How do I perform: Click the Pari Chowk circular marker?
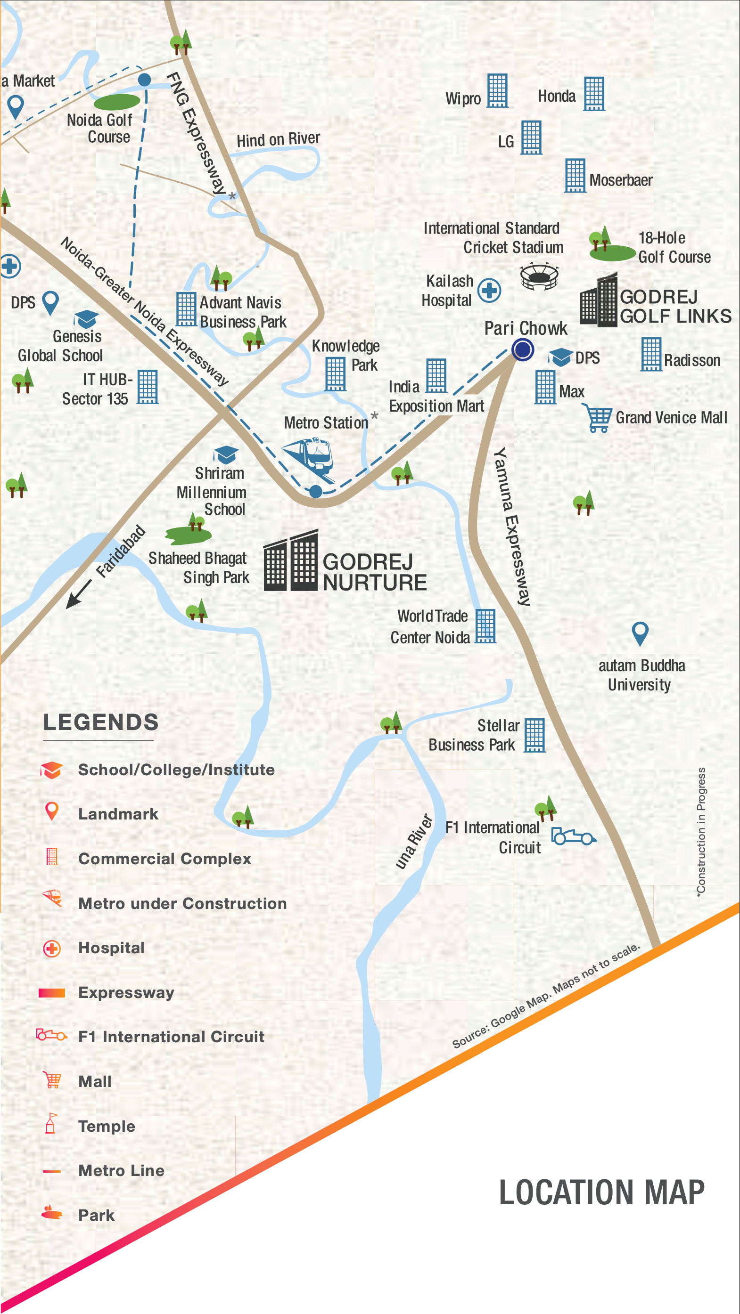(523, 350)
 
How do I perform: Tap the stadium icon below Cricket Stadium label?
(539, 276)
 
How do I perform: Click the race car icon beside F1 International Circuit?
(574, 836)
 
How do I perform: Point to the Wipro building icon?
(497, 91)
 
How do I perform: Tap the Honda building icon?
(594, 94)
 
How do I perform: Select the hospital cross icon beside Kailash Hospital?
(489, 291)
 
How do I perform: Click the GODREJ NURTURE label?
(374, 572)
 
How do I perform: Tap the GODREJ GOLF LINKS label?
(675, 307)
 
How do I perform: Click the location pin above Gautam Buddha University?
(640, 633)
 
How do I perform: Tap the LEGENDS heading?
(101, 722)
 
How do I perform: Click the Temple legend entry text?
(107, 1126)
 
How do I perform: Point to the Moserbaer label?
(621, 180)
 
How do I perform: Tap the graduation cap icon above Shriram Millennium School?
(226, 454)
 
